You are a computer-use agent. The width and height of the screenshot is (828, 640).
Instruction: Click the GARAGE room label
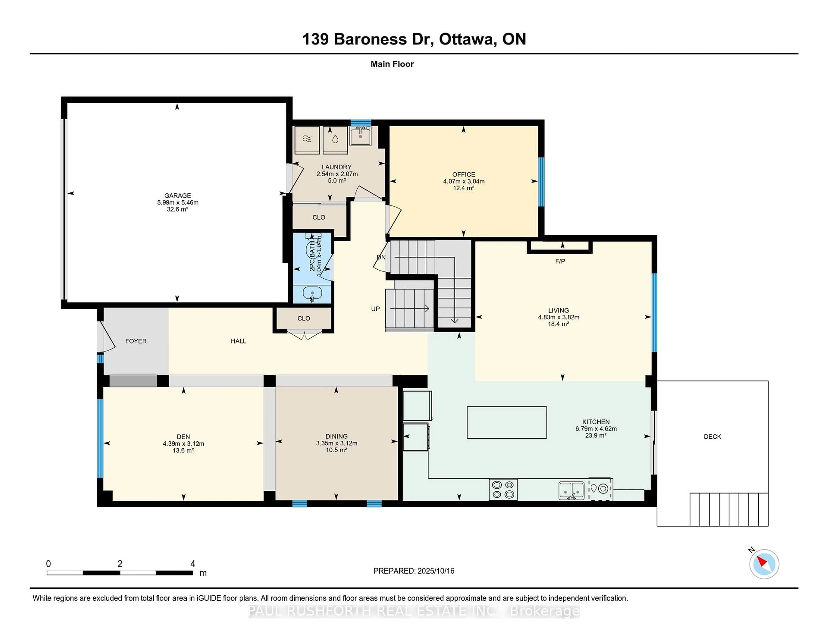pos(177,196)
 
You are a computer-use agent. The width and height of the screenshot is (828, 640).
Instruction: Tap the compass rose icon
pos(764,564)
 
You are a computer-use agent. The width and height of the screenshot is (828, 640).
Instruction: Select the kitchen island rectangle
pos(507,422)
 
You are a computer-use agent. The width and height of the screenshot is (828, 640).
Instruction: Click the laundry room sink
pos(360,136)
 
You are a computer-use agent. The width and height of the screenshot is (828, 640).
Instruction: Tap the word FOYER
pos(136,341)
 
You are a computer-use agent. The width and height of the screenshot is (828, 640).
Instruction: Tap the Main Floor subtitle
pos(392,64)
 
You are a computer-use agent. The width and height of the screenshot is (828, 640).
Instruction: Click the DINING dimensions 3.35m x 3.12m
pos(337,443)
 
